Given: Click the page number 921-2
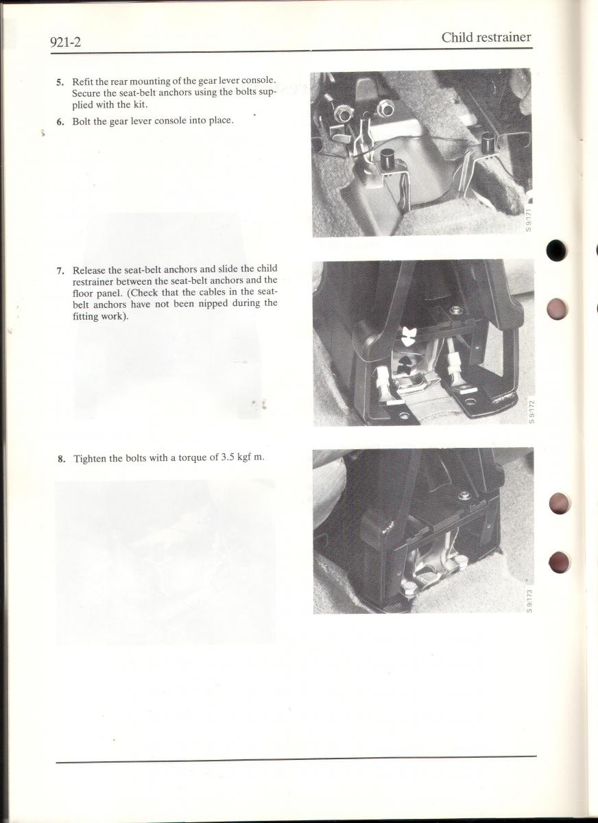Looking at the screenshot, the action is coord(65,43).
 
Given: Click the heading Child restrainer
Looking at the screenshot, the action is coord(486,38).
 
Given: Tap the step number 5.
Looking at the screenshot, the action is coord(60,82).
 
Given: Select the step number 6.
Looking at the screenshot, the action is coord(60,122).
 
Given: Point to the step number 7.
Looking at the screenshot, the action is coord(60,272).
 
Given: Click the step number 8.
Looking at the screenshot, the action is coord(62,460).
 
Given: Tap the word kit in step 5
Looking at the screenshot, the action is coord(141,105).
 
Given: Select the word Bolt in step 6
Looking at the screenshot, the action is coord(81,121).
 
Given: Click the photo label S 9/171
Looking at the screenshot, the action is coord(528,219).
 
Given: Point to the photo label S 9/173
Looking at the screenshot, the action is coord(529,601).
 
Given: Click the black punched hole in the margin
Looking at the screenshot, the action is coord(557,250).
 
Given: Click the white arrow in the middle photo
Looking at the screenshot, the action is coord(407,336).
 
